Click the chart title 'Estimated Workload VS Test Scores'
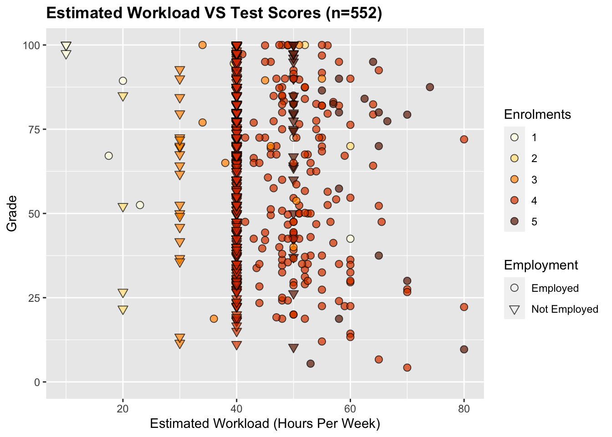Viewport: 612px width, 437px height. click(x=214, y=13)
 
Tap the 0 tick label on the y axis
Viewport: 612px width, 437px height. click(x=37, y=382)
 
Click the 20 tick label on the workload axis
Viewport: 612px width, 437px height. click(x=122, y=409)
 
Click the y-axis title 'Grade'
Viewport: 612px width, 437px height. click(x=12, y=213)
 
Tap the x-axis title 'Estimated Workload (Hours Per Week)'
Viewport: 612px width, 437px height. click(x=265, y=424)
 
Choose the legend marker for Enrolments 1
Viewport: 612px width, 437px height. click(x=515, y=137)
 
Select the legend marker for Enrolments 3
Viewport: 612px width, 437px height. click(x=515, y=180)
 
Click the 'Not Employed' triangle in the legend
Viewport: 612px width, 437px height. click(x=515, y=310)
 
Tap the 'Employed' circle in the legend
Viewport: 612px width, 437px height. click(x=515, y=288)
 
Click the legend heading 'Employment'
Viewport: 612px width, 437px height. click(x=541, y=265)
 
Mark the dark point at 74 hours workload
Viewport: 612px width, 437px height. click(x=430, y=87)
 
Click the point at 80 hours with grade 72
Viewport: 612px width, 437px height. click(x=464, y=139)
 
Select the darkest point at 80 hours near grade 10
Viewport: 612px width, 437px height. click(x=464, y=350)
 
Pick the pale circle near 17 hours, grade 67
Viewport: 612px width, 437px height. click(x=108, y=156)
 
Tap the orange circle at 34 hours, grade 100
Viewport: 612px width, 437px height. click(x=203, y=45)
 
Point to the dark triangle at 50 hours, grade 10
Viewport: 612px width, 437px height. click(x=293, y=348)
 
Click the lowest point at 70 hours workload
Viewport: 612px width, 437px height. click(x=407, y=368)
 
